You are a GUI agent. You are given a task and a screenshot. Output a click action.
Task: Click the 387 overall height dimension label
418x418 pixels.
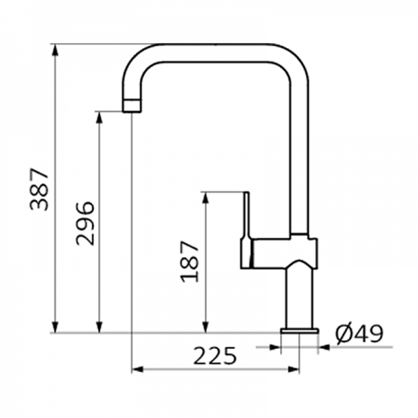(x=40, y=189)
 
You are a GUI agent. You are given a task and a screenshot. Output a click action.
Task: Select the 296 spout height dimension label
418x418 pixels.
(x=85, y=224)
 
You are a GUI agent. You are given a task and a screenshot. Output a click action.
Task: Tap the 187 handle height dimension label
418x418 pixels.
(x=189, y=261)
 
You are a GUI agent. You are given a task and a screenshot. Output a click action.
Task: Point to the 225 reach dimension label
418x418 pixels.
(x=215, y=355)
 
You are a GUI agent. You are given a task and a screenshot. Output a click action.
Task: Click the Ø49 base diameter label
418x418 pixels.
(x=359, y=334)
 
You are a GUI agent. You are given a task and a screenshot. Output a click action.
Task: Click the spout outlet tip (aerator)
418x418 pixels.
(x=132, y=106)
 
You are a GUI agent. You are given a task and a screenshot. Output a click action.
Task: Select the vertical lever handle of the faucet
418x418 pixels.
(x=247, y=229)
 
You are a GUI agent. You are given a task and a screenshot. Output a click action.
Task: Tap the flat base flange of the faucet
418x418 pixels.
(x=300, y=331)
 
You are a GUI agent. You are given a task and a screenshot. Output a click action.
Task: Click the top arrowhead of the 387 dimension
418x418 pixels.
(x=55, y=49)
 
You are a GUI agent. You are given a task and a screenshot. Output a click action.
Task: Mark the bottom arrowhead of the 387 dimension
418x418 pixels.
(x=55, y=327)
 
